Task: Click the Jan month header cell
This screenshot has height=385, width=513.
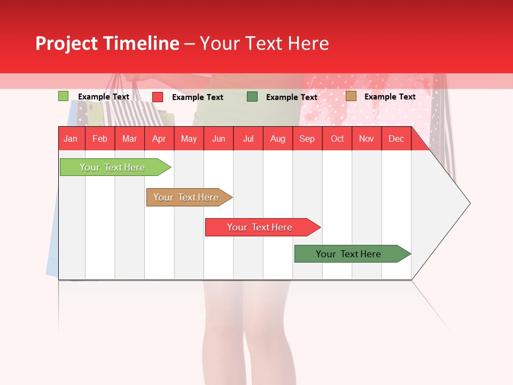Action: [71, 138]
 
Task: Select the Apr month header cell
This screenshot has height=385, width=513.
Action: [159, 138]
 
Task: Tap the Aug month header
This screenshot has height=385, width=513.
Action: [278, 138]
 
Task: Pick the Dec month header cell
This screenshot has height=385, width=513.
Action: [397, 138]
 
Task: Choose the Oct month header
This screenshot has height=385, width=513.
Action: [337, 138]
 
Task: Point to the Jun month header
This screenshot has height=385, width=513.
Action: [219, 138]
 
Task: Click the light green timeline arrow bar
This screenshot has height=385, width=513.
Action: [113, 167]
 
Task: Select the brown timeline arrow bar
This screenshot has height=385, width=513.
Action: [186, 197]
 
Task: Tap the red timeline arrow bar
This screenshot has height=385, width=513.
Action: [260, 227]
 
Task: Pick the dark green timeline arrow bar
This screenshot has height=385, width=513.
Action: [349, 254]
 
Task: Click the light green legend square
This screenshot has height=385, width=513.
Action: [63, 96]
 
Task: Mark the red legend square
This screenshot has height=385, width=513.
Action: [158, 97]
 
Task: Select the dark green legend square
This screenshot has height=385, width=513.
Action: [252, 97]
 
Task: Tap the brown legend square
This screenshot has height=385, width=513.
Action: [351, 96]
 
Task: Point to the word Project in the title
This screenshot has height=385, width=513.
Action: [66, 43]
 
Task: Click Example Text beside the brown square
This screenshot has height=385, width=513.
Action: [390, 97]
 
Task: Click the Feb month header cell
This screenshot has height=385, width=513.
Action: [100, 138]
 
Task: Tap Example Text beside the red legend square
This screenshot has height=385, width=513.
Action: [197, 97]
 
